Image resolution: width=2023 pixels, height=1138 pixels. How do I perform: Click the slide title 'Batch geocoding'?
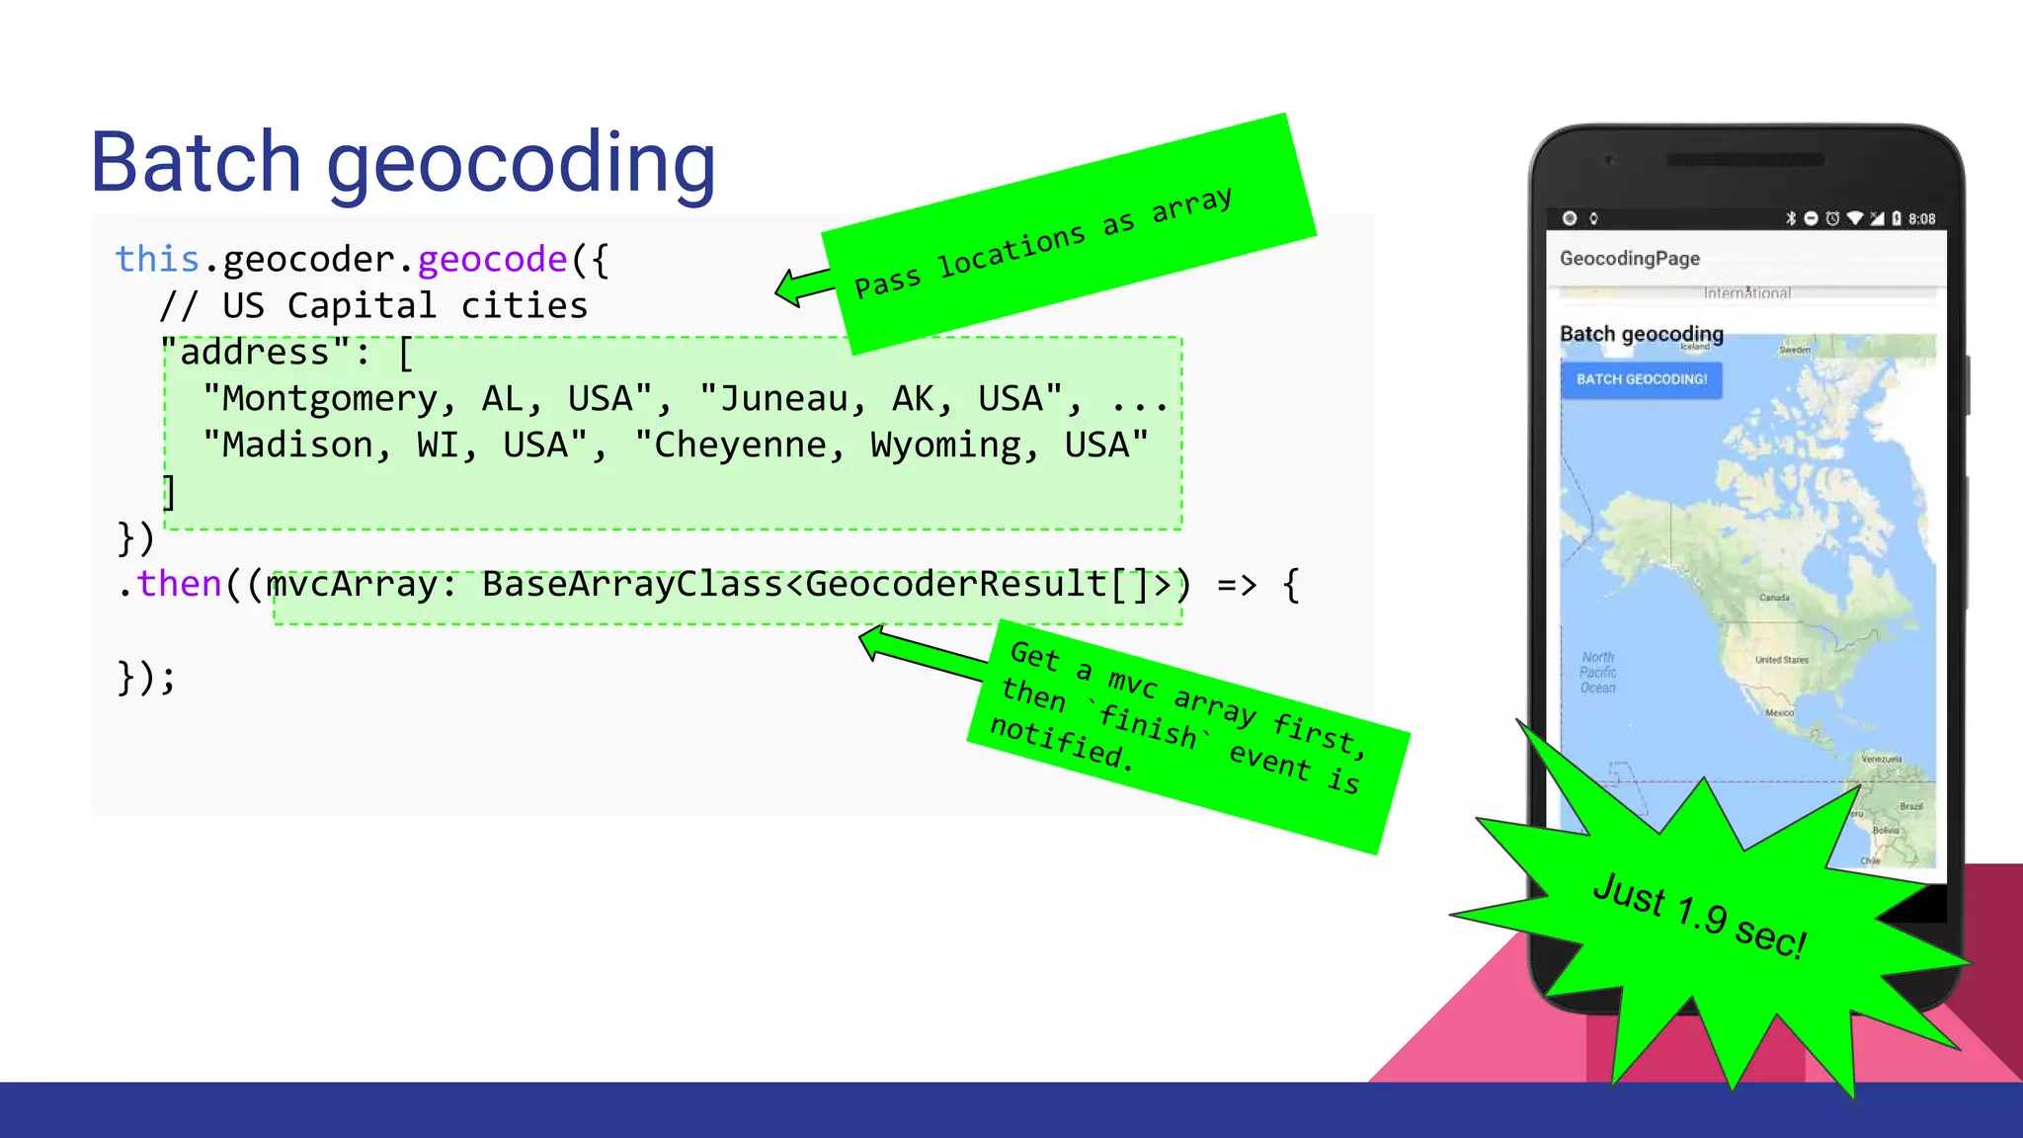(403, 163)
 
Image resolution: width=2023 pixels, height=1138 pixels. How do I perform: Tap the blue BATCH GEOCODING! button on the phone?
(1641, 379)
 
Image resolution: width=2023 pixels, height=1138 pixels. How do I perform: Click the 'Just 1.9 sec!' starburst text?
(1699, 915)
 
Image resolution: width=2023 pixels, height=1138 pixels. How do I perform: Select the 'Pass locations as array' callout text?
(1043, 243)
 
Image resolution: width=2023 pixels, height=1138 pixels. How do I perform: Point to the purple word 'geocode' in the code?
(492, 259)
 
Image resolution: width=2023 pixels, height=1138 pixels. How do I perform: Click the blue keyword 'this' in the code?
(157, 259)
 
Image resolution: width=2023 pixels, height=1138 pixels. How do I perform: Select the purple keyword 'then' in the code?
(180, 584)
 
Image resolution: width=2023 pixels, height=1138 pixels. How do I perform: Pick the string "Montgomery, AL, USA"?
(428, 399)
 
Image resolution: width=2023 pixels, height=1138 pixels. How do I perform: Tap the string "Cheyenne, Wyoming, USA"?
(892, 446)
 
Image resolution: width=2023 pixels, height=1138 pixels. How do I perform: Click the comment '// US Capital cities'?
(373, 306)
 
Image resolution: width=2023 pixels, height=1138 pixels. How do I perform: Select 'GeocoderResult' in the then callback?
(956, 584)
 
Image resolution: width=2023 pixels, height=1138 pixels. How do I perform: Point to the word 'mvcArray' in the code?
(353, 584)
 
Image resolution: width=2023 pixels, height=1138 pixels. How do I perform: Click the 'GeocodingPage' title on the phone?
(1630, 259)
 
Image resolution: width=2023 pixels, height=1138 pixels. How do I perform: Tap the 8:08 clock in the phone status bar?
(1921, 218)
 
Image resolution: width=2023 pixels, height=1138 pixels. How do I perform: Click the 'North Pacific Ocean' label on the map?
(1597, 673)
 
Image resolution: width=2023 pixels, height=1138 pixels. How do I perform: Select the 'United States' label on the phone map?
(1782, 660)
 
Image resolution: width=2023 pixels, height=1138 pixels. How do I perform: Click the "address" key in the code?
(255, 353)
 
